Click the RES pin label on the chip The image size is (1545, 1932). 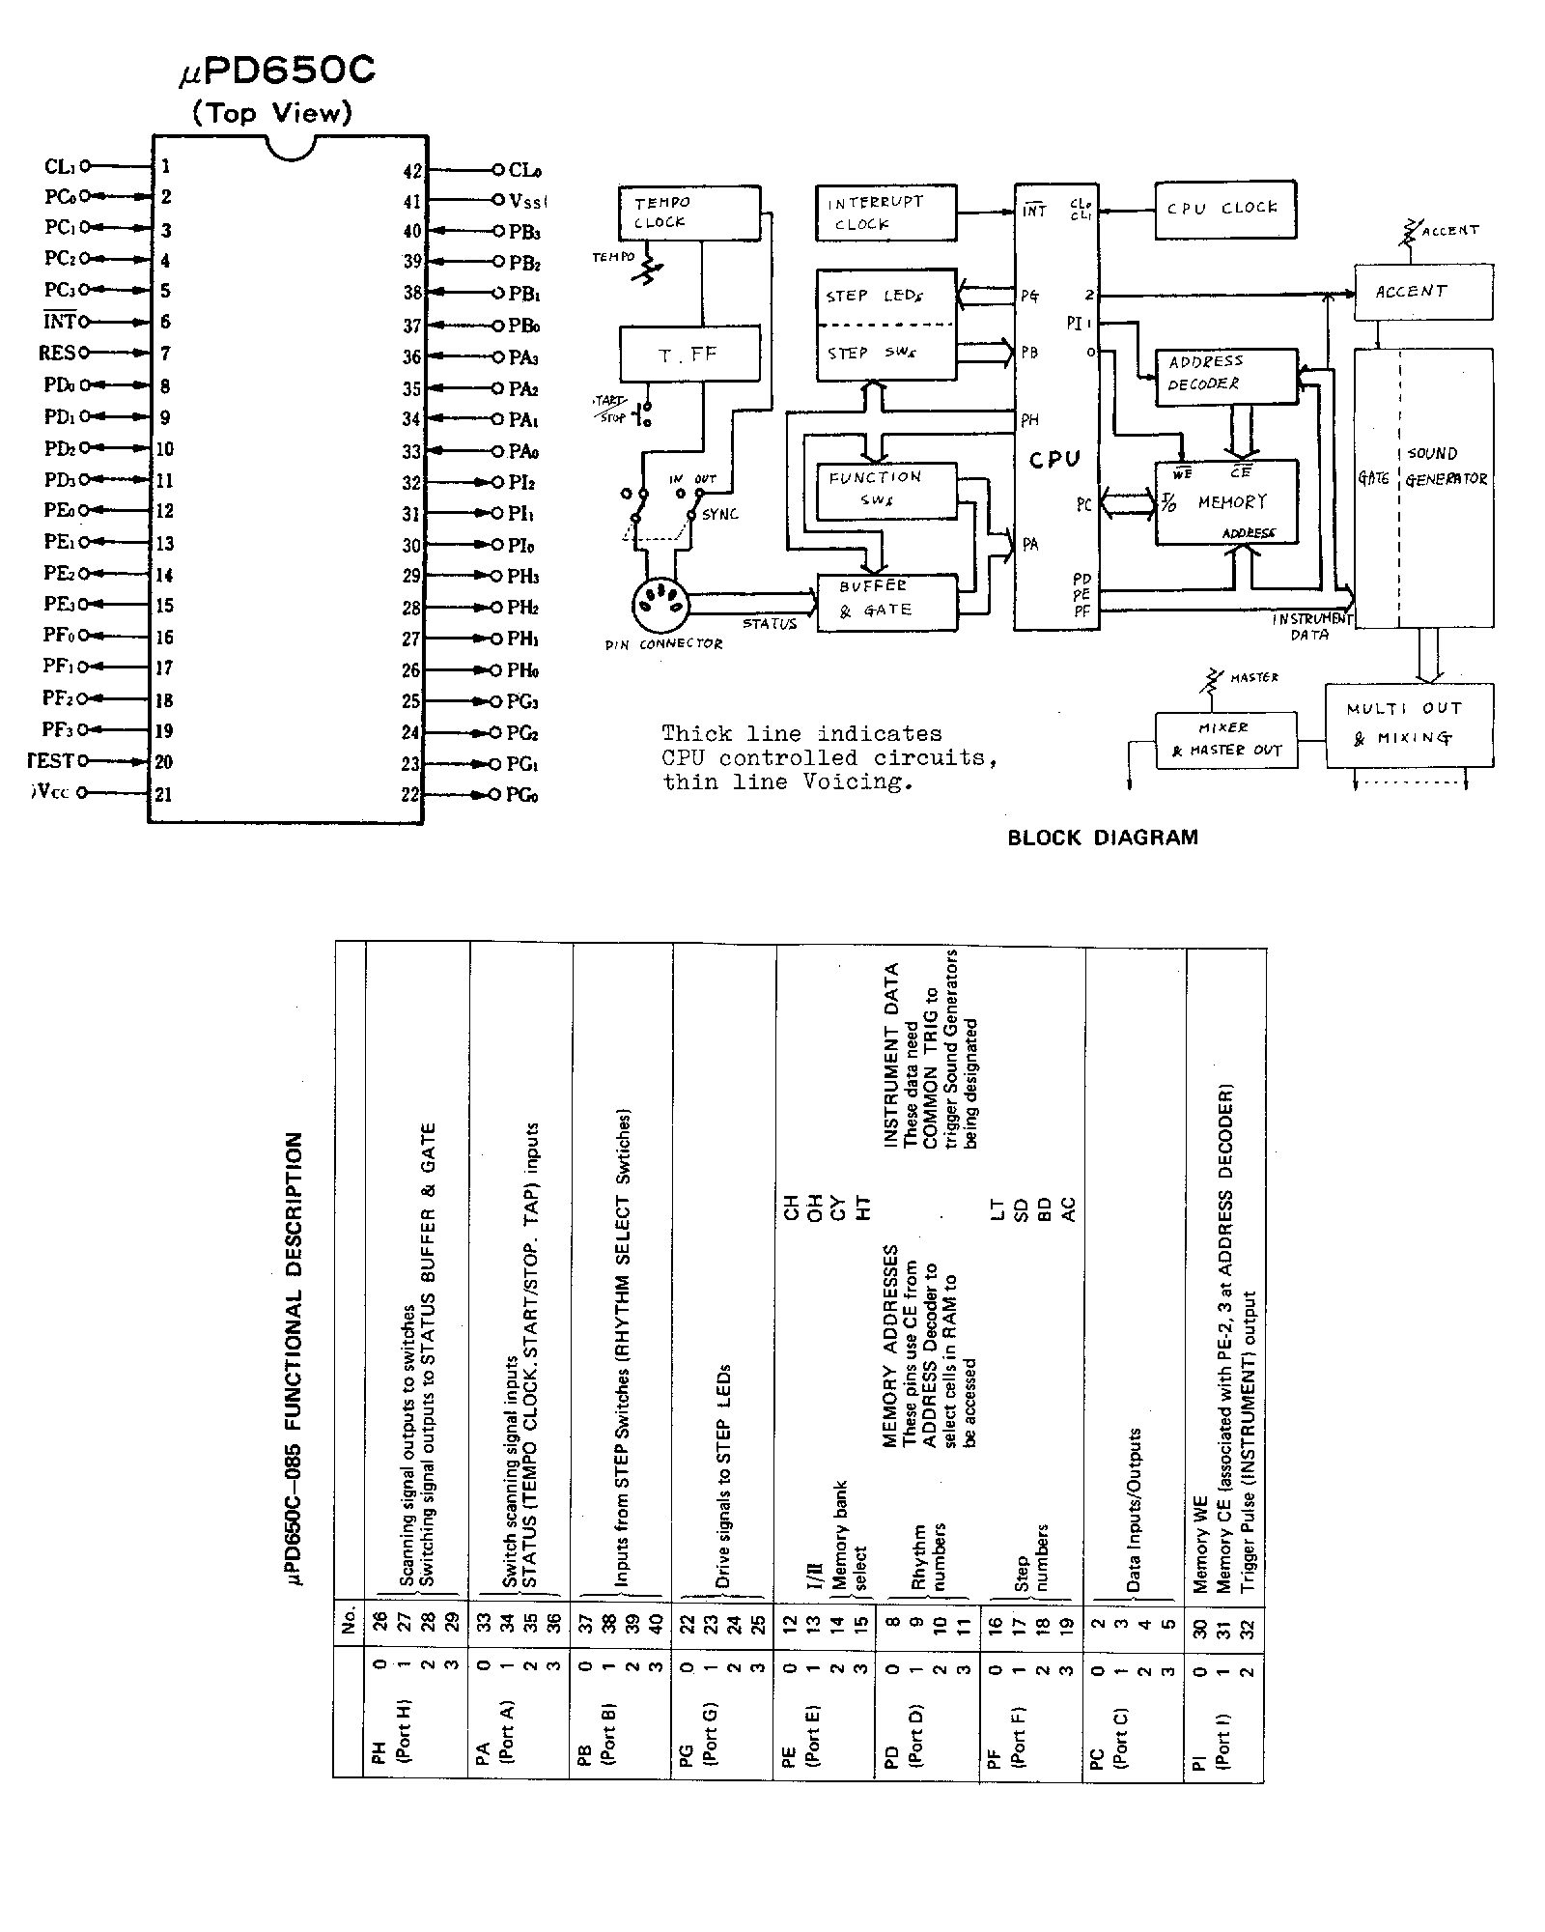[x=56, y=354]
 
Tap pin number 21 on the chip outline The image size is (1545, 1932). [x=164, y=794]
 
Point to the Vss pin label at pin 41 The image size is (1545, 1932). [x=527, y=201]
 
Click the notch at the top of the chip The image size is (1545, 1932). [x=290, y=148]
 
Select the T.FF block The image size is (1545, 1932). [x=688, y=355]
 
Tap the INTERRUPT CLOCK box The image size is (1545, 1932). [x=885, y=213]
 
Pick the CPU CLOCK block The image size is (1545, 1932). [x=1224, y=209]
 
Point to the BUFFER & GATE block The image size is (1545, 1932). [x=886, y=603]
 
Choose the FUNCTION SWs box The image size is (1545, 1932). [x=885, y=489]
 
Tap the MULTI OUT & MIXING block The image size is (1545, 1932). [x=1408, y=725]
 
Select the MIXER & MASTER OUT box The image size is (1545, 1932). [x=1225, y=740]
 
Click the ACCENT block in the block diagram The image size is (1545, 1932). [x=1422, y=292]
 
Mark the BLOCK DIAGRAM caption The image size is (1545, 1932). [x=1103, y=838]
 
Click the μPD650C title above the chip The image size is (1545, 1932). [x=277, y=71]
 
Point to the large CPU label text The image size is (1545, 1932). [x=1054, y=460]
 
